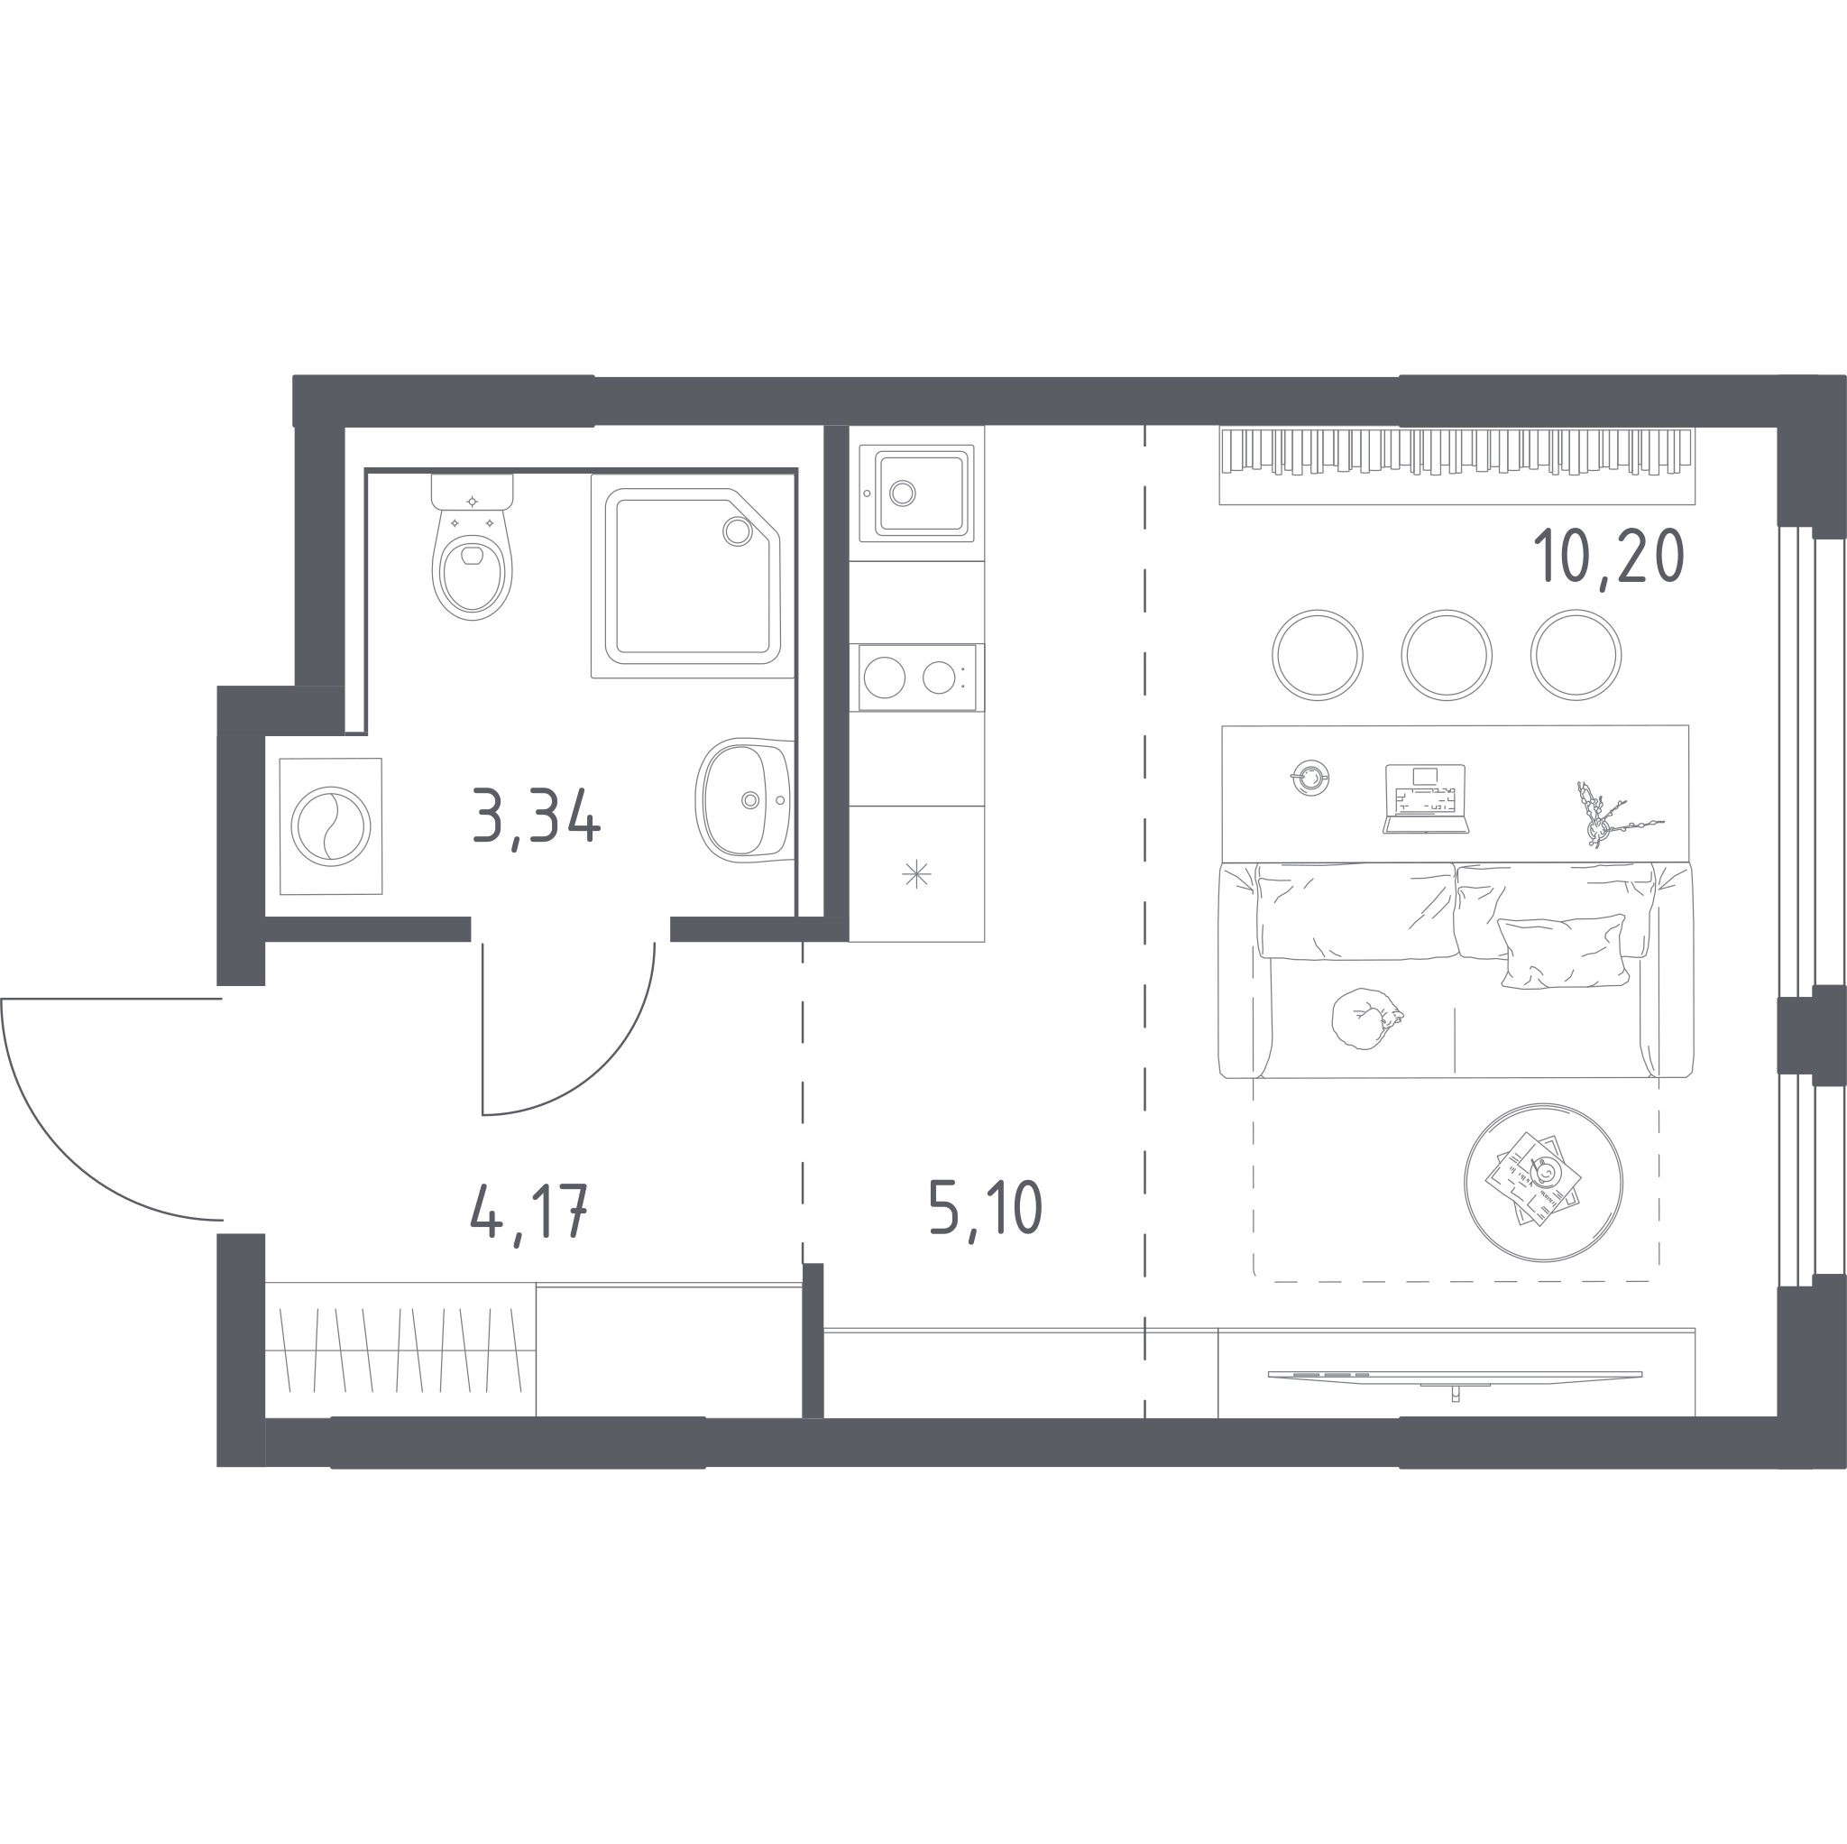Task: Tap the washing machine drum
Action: point(331,826)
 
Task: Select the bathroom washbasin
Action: point(745,799)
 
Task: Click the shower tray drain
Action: point(737,530)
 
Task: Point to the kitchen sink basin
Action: point(921,493)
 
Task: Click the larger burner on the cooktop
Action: point(885,678)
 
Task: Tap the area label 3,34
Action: point(537,816)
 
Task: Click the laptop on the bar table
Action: point(1426,798)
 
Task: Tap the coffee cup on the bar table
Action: point(1309,778)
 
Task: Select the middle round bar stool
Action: point(1447,655)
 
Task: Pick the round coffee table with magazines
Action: point(1543,1182)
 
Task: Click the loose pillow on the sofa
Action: point(1563,951)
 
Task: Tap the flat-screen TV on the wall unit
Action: point(1454,1378)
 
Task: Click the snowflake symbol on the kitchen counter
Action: point(916,873)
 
